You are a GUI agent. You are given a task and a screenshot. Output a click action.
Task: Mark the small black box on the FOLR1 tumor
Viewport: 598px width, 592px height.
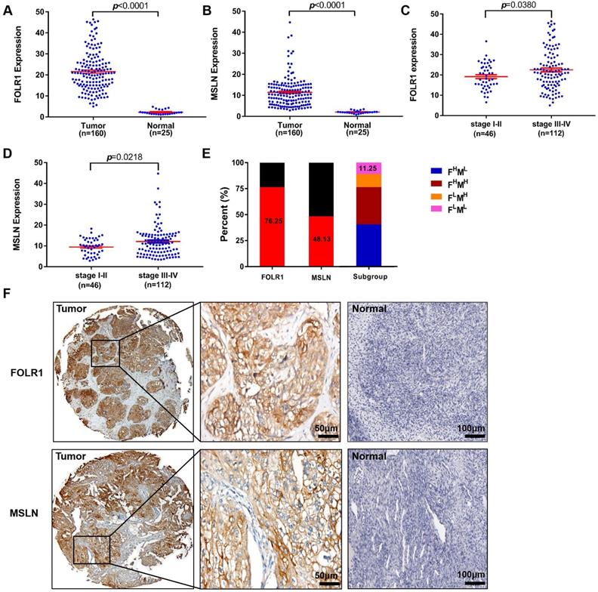click(x=106, y=353)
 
